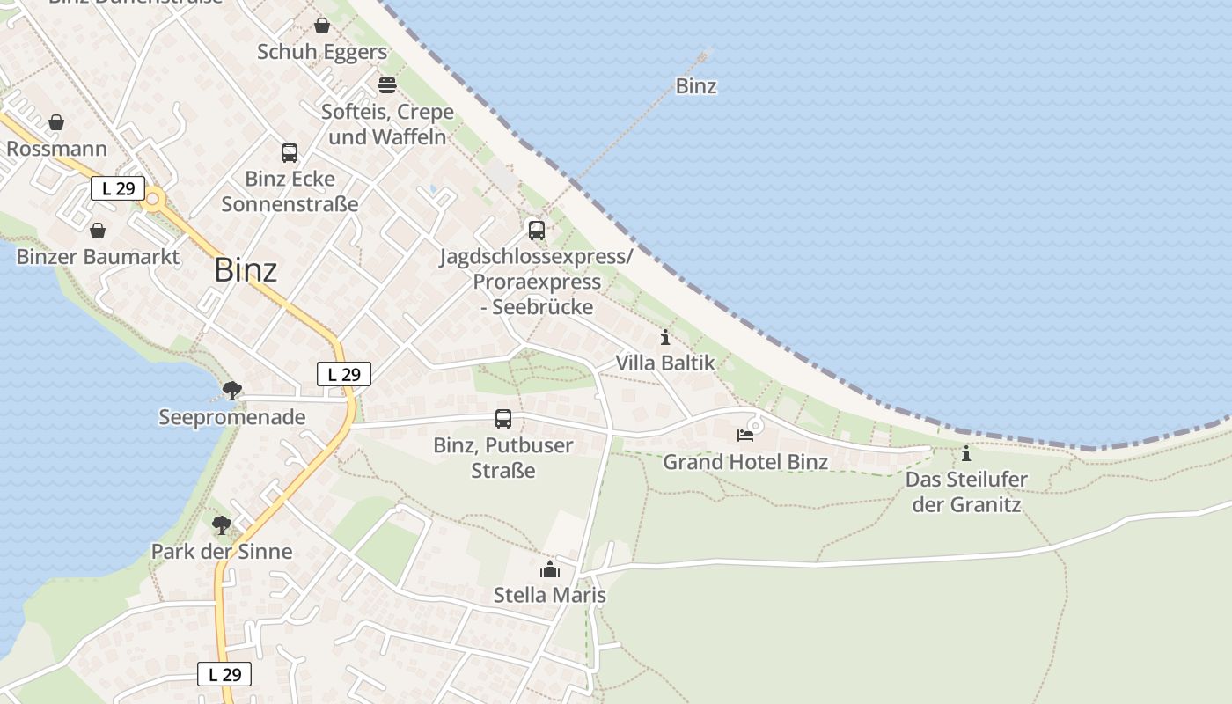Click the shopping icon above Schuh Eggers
(322, 26)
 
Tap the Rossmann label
(56, 149)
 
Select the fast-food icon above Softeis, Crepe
(387, 85)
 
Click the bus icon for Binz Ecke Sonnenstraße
(290, 153)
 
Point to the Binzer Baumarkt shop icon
(98, 231)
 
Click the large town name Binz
(246, 270)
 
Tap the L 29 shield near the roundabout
(117, 187)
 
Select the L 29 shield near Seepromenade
(344, 374)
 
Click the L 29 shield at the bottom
(224, 675)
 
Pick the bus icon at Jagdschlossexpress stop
(536, 231)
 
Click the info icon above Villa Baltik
(665, 337)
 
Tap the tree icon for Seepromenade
(232, 390)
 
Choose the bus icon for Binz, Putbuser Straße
(503, 419)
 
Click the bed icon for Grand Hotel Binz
(745, 435)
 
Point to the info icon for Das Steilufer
(966, 454)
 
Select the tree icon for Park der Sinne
(222, 525)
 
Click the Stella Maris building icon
(550, 569)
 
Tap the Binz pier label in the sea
(696, 86)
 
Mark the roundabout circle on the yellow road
(153, 200)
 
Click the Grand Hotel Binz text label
(745, 462)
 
